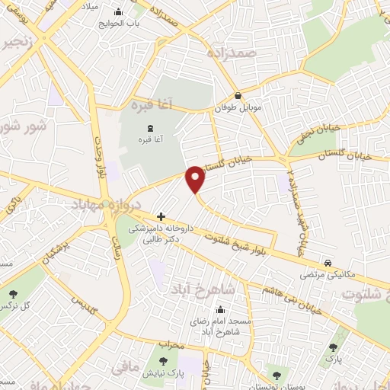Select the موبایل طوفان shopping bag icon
238,96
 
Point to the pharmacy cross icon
160,216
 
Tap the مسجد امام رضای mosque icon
221,310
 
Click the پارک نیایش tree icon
162,360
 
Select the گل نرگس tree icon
13,293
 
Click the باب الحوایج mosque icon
119,13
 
